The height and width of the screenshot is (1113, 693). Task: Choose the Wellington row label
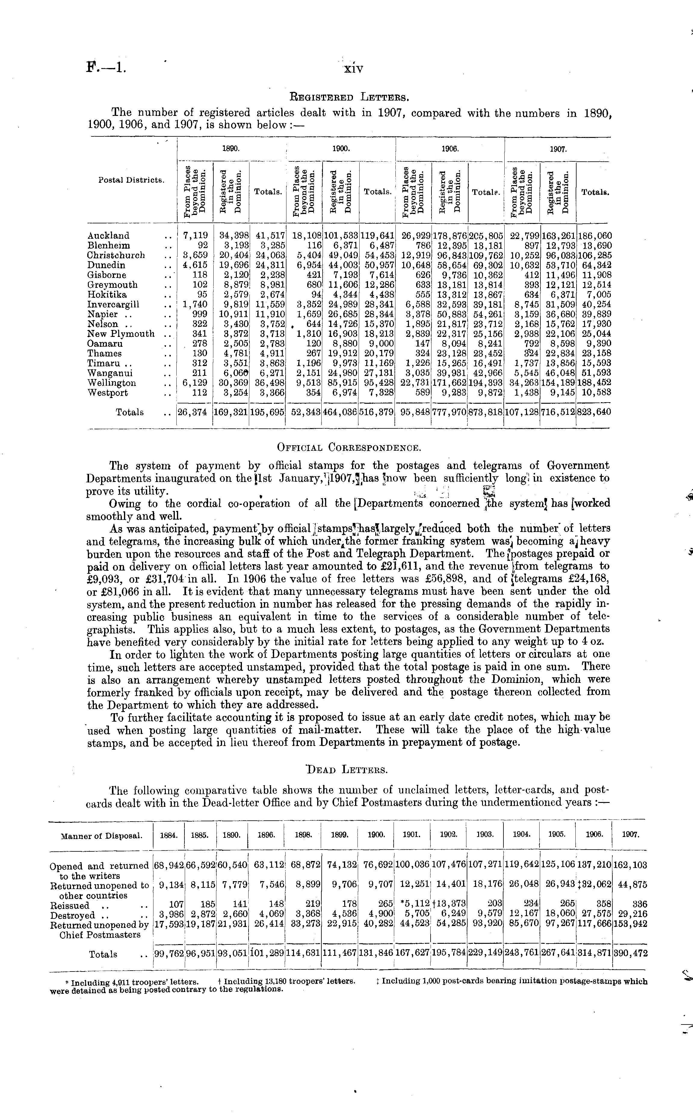(x=112, y=383)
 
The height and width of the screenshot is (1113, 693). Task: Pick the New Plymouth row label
(x=121, y=334)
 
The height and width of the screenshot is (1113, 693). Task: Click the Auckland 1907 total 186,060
(x=595, y=236)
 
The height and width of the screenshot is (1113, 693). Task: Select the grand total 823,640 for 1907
(x=595, y=412)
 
